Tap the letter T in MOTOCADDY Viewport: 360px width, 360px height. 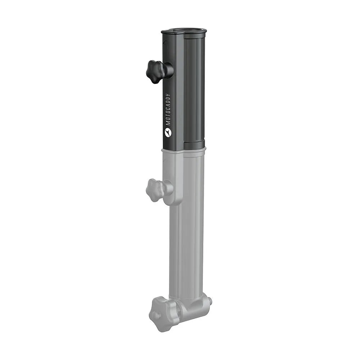tap(168, 116)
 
